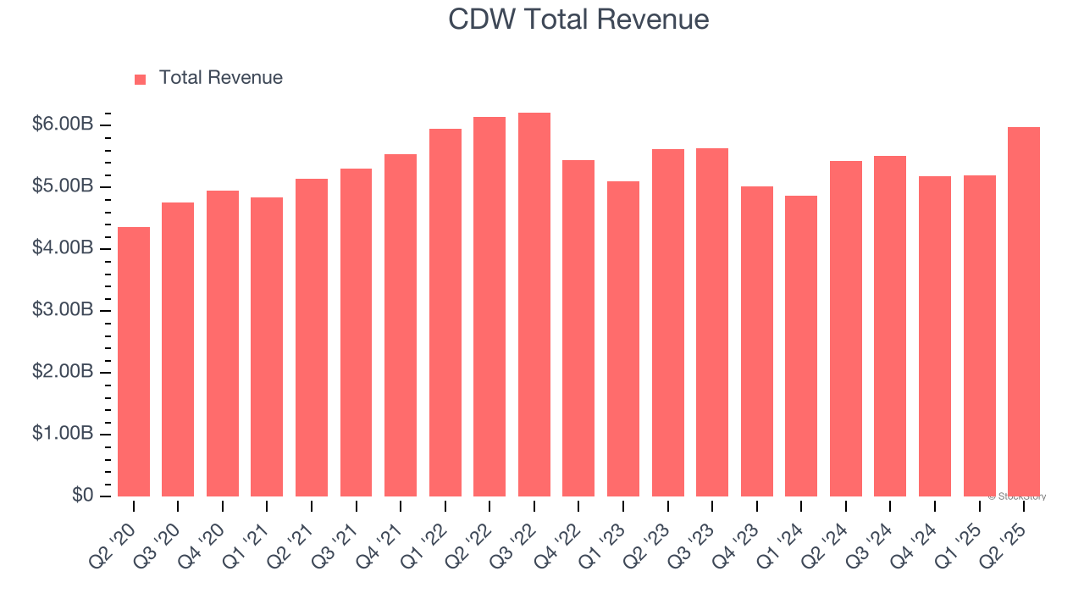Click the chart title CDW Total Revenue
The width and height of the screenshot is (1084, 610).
[578, 19]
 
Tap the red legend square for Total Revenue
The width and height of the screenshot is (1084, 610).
[140, 79]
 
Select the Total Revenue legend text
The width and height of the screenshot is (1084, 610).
[220, 78]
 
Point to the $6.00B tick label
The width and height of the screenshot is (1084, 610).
[63, 125]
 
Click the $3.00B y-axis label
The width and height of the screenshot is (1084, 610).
[63, 310]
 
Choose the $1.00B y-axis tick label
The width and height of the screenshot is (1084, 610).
[63, 434]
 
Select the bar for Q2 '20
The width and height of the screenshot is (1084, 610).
[134, 362]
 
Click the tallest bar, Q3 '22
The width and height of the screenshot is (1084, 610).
[534, 305]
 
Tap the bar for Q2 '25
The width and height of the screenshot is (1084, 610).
[1024, 312]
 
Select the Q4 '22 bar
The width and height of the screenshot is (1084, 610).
[578, 329]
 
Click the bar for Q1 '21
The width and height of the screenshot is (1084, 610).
[267, 347]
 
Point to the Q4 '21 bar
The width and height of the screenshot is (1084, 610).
[401, 325]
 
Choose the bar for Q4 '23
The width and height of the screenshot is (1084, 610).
[756, 341]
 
